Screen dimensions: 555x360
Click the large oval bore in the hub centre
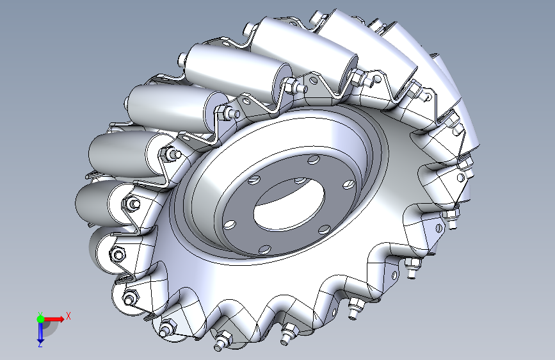[289, 204]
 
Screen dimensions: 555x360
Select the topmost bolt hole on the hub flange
[313, 160]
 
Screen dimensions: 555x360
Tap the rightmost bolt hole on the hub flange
[349, 184]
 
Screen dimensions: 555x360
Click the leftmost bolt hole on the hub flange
[230, 225]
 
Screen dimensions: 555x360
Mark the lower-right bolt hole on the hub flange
[324, 229]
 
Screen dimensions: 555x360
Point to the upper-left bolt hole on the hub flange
[253, 180]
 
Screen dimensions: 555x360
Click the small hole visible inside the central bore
[300, 181]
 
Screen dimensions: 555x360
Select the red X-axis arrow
[54, 319]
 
